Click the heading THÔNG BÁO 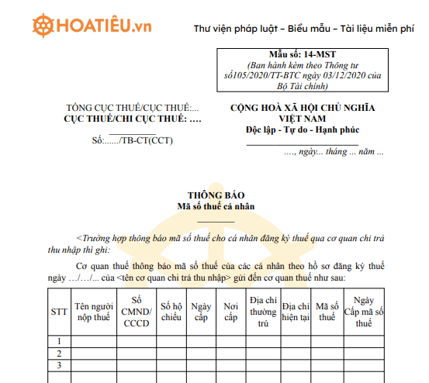coord(210,195)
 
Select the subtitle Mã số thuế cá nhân coord(210,206)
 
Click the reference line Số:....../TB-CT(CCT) coord(133,141)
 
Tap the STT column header coord(58,312)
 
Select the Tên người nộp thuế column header coord(95,312)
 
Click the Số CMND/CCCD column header coord(137,312)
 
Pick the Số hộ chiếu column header coord(171,312)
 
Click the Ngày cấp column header coord(201,312)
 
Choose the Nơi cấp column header coord(230,312)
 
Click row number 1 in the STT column coord(58,341)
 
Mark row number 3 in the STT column coord(58,365)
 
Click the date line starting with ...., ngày coord(334,152)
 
